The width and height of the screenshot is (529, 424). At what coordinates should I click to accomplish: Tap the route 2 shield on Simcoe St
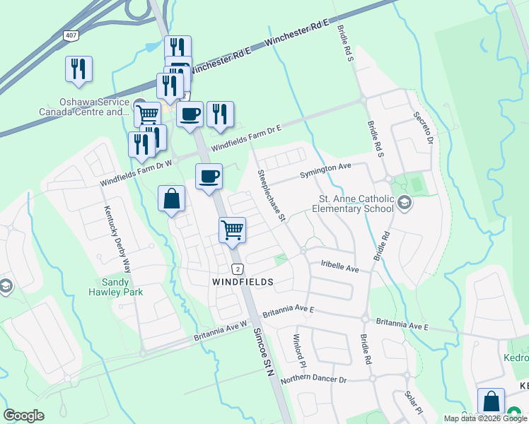pyautogui.click(x=238, y=269)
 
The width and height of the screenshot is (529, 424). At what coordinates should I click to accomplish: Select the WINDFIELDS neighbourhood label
pyautogui.click(x=243, y=281)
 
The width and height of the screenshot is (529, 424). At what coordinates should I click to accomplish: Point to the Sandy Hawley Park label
pyautogui.click(x=116, y=286)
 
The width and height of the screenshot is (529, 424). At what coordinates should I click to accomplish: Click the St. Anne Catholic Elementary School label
pyautogui.click(x=356, y=204)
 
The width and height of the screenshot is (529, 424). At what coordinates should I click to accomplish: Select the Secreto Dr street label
pyautogui.click(x=423, y=127)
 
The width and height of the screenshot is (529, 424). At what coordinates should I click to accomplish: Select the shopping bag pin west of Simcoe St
pyautogui.click(x=172, y=199)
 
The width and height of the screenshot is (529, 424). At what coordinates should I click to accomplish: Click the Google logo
pyautogui.click(x=24, y=416)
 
